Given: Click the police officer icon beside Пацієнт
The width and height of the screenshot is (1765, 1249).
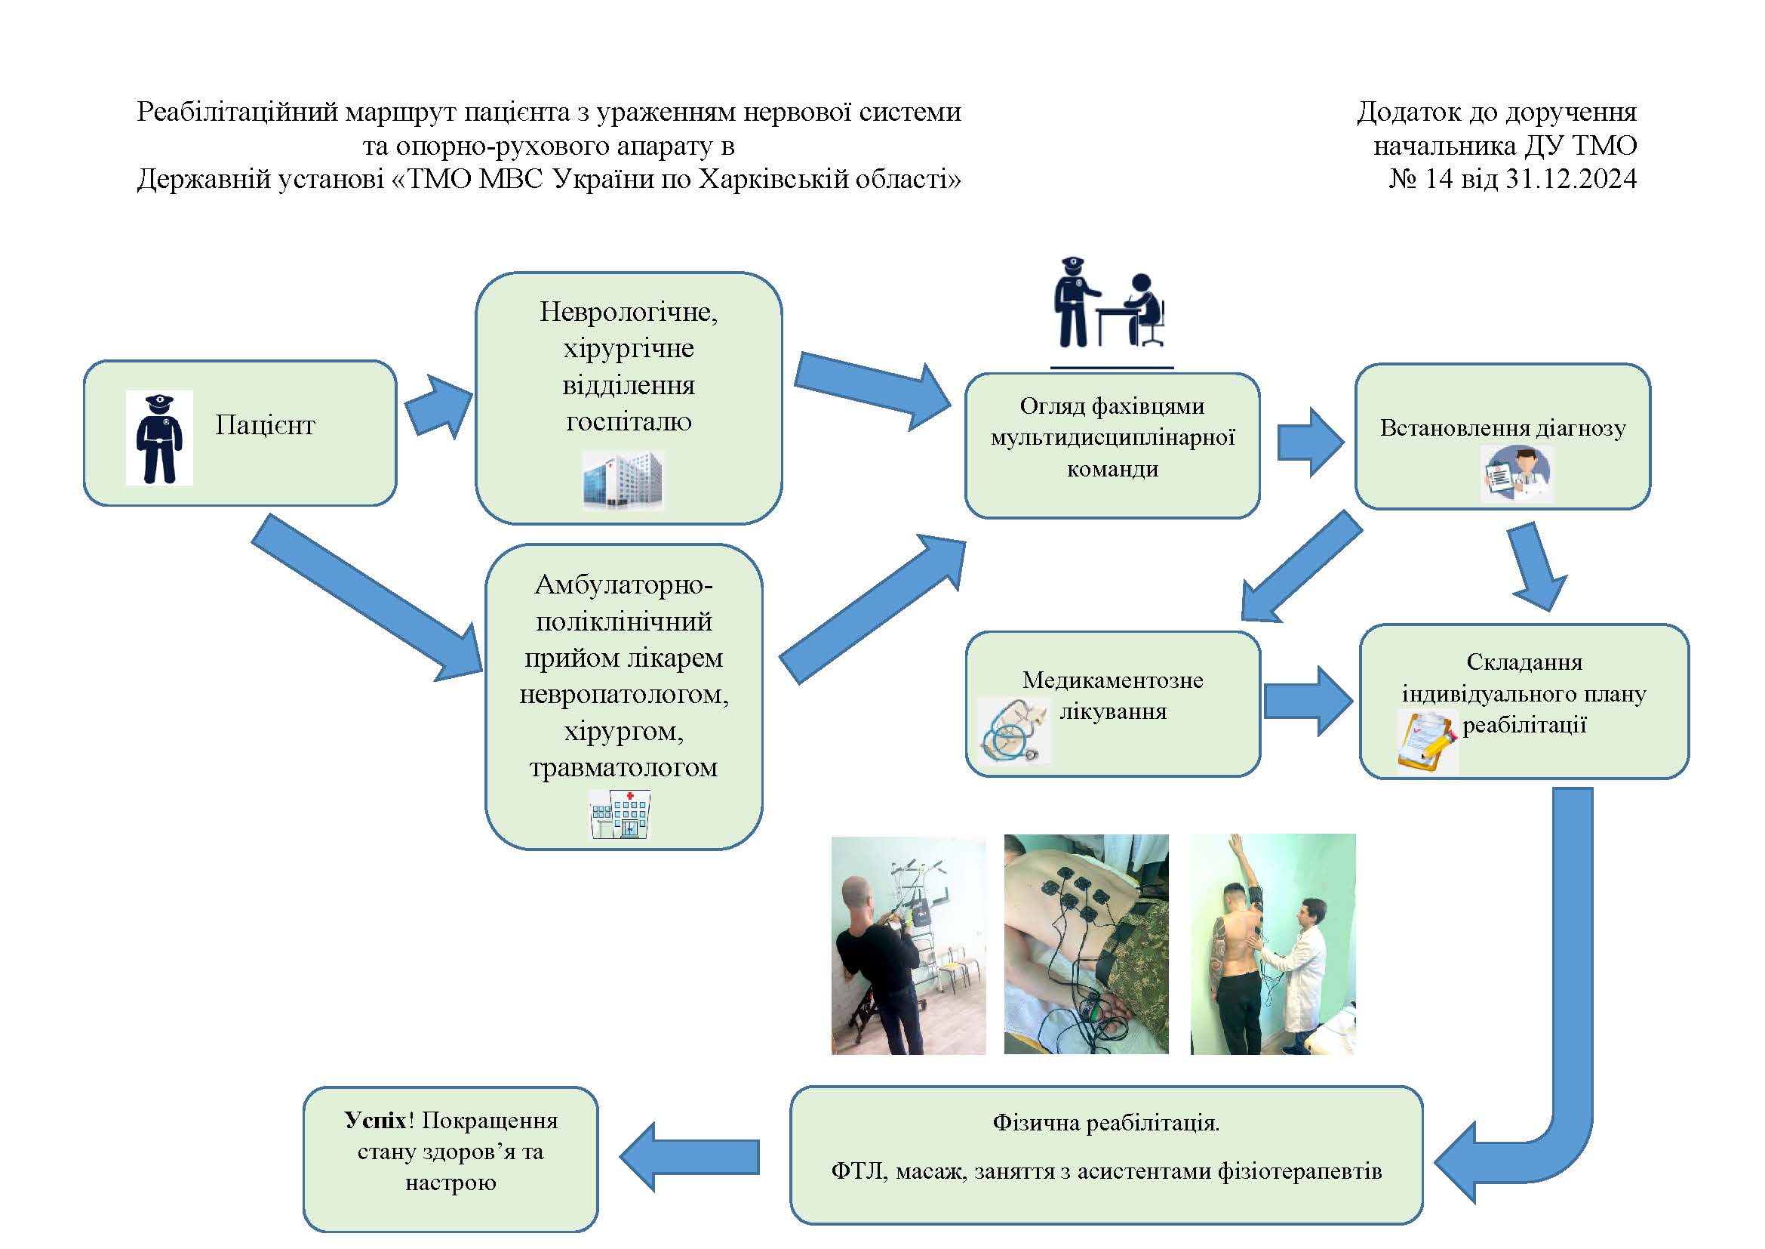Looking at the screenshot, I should click(x=159, y=439).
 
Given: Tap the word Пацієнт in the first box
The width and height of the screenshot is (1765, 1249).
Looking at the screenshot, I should click(x=264, y=425).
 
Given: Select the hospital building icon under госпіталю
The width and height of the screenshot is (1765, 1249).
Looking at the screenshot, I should click(x=623, y=480).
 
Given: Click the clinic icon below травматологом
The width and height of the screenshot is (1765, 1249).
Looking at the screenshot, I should click(x=620, y=814).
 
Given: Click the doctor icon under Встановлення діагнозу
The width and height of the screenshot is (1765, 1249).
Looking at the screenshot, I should click(x=1517, y=474).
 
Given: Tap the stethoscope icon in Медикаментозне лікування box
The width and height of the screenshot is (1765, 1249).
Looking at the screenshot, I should click(x=1012, y=731).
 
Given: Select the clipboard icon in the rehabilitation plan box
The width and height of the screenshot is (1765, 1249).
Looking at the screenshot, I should click(x=1427, y=742).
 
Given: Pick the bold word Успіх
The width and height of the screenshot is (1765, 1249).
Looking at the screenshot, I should click(x=374, y=1121).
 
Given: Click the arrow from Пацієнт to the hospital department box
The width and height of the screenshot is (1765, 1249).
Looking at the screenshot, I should click(x=439, y=407).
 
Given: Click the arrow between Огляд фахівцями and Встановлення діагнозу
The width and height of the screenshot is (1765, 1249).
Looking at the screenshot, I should click(x=1311, y=443).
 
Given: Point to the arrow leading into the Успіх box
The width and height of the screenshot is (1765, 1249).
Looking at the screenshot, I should click(x=690, y=1156).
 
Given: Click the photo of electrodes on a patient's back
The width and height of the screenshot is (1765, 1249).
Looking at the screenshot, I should click(x=1085, y=945).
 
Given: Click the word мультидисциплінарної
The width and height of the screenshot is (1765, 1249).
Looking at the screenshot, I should click(x=1112, y=438).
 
